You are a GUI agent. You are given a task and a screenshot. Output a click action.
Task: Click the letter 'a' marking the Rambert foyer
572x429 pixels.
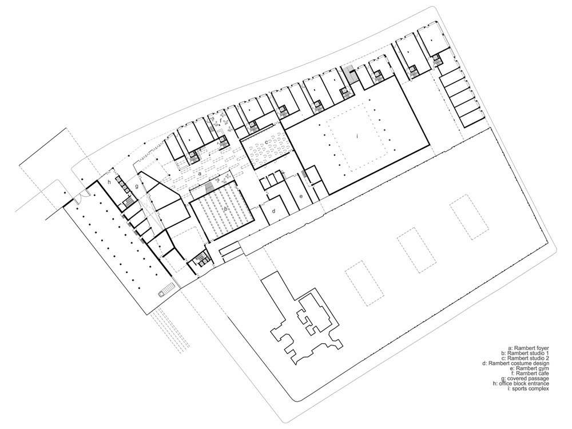tap(200, 174)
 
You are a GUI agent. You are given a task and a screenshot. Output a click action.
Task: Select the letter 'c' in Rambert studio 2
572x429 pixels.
tap(267, 141)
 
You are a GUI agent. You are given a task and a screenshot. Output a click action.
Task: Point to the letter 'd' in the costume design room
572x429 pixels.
tap(275, 210)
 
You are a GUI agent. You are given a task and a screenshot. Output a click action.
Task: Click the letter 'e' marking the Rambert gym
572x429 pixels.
tap(301, 196)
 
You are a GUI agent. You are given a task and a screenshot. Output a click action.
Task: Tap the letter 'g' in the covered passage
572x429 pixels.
tap(137, 186)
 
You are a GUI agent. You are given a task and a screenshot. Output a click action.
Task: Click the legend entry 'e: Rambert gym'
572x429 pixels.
tap(532, 368)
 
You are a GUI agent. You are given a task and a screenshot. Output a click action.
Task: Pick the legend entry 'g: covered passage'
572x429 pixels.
tap(525, 378)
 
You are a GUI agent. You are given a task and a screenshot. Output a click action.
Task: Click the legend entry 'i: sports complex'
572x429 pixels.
tap(529, 388)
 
